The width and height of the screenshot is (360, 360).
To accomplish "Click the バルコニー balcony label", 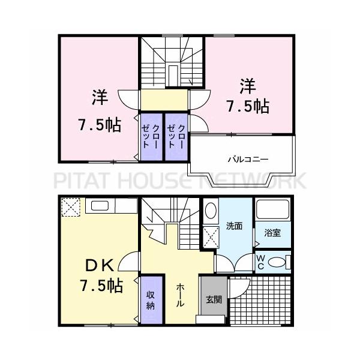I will point(247,160).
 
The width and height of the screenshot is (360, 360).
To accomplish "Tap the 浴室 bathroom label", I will point(272,232).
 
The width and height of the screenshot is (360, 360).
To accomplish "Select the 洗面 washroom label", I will point(234,226).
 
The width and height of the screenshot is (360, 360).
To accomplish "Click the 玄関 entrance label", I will point(214,299).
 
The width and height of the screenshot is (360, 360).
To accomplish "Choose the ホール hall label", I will point(180,295).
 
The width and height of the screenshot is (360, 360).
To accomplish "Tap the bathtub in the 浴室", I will point(273,211).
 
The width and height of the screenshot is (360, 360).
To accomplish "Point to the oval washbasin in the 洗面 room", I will point(211,211).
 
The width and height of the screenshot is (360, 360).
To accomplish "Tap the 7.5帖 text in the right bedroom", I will point(247,106).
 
